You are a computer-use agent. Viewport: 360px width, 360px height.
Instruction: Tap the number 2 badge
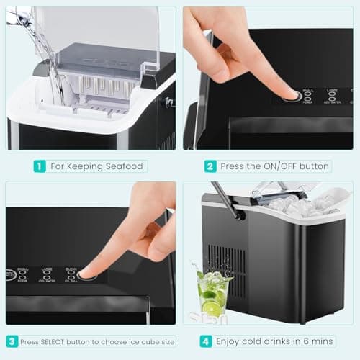(x=210, y=166)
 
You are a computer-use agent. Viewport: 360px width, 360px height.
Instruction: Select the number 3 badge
(x=12, y=341)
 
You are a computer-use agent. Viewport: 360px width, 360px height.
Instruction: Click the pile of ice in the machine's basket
(x=302, y=206)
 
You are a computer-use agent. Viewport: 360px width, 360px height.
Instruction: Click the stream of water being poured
(x=43, y=43)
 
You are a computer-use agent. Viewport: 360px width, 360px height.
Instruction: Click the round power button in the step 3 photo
(x=9, y=274)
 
